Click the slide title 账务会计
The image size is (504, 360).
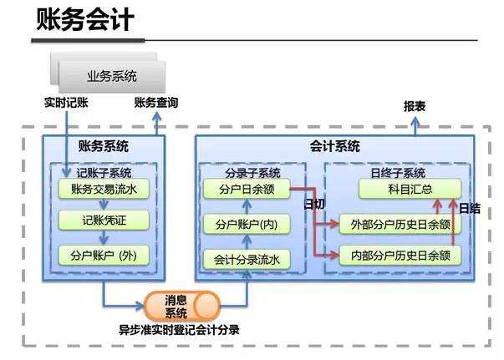(86, 20)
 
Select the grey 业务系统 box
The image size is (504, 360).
(111, 76)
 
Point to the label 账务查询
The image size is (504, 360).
(155, 104)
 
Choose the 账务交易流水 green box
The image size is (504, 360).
(104, 190)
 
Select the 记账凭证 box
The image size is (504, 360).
(104, 221)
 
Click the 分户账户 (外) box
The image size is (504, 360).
(104, 256)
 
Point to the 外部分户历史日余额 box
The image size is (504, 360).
(400, 224)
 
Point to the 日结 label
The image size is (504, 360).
(470, 209)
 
